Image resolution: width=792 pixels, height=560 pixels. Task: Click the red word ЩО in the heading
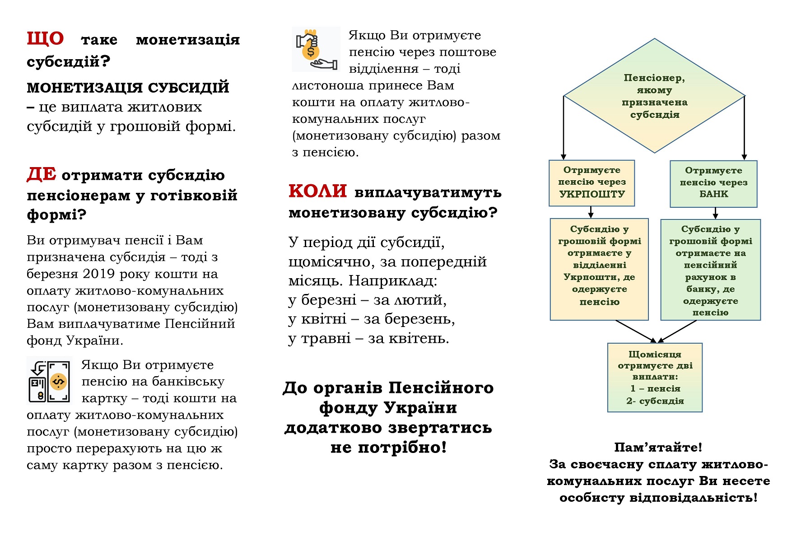(x=45, y=39)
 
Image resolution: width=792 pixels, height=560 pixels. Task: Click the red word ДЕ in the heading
(x=42, y=174)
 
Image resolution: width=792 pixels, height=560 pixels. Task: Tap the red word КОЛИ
(x=318, y=191)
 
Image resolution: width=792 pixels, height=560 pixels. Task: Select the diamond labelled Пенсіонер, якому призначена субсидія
(x=654, y=96)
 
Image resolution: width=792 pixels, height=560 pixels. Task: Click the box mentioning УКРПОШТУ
(x=592, y=183)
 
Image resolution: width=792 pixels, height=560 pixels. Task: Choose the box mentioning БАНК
(x=713, y=184)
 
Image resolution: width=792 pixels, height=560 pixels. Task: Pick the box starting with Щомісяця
(x=655, y=378)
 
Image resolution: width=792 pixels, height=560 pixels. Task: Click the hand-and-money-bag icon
(x=316, y=49)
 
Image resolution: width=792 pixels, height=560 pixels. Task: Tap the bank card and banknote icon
(x=50, y=380)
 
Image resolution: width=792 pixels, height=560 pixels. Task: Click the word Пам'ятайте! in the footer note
(x=658, y=448)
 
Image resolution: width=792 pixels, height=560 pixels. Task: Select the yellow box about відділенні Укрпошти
(x=599, y=270)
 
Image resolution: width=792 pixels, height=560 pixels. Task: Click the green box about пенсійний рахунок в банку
(x=711, y=270)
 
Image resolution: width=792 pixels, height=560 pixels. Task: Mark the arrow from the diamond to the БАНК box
(x=744, y=128)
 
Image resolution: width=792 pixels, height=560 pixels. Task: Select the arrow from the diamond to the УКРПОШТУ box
(x=564, y=127)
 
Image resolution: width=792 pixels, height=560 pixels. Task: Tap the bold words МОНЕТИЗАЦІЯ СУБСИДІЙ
(x=128, y=88)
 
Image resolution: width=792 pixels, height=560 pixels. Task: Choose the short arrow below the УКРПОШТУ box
(x=591, y=212)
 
